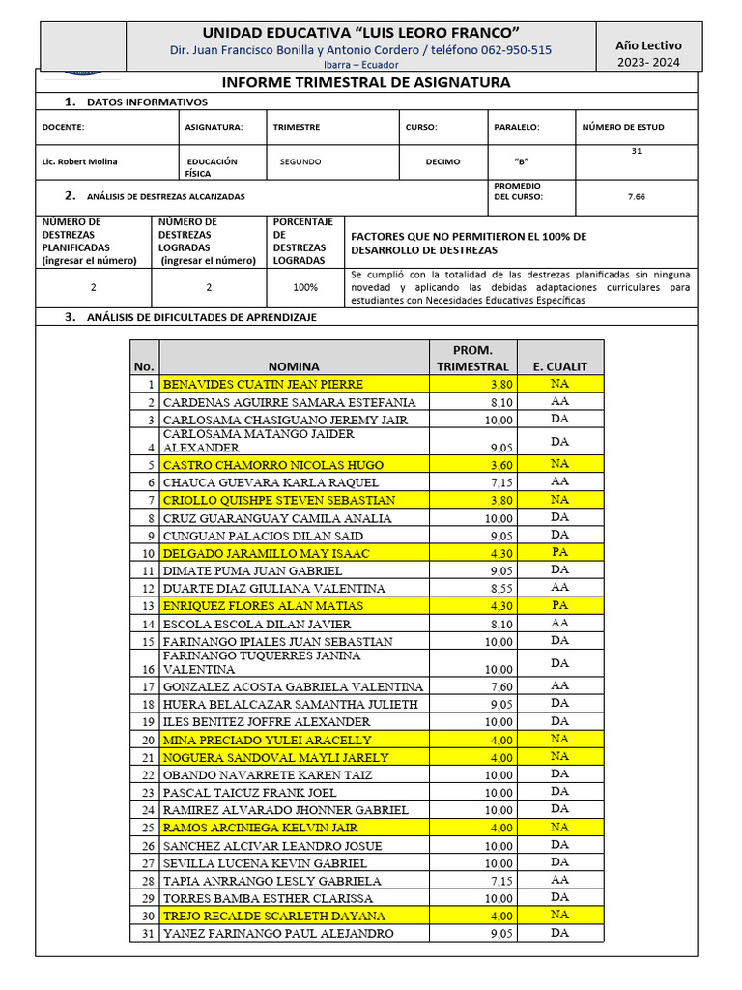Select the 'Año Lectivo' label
648,44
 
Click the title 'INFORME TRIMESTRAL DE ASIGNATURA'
366,83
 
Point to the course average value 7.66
636,197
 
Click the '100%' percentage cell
305,287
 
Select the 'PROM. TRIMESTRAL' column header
472,358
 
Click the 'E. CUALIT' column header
559,366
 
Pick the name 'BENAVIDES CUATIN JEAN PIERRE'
263,384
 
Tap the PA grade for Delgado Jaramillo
559,552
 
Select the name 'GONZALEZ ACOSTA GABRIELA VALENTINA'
293,686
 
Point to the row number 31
147,934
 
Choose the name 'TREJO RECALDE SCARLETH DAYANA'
273,916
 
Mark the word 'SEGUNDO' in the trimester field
300,162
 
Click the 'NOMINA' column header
294,366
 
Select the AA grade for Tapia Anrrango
559,880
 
